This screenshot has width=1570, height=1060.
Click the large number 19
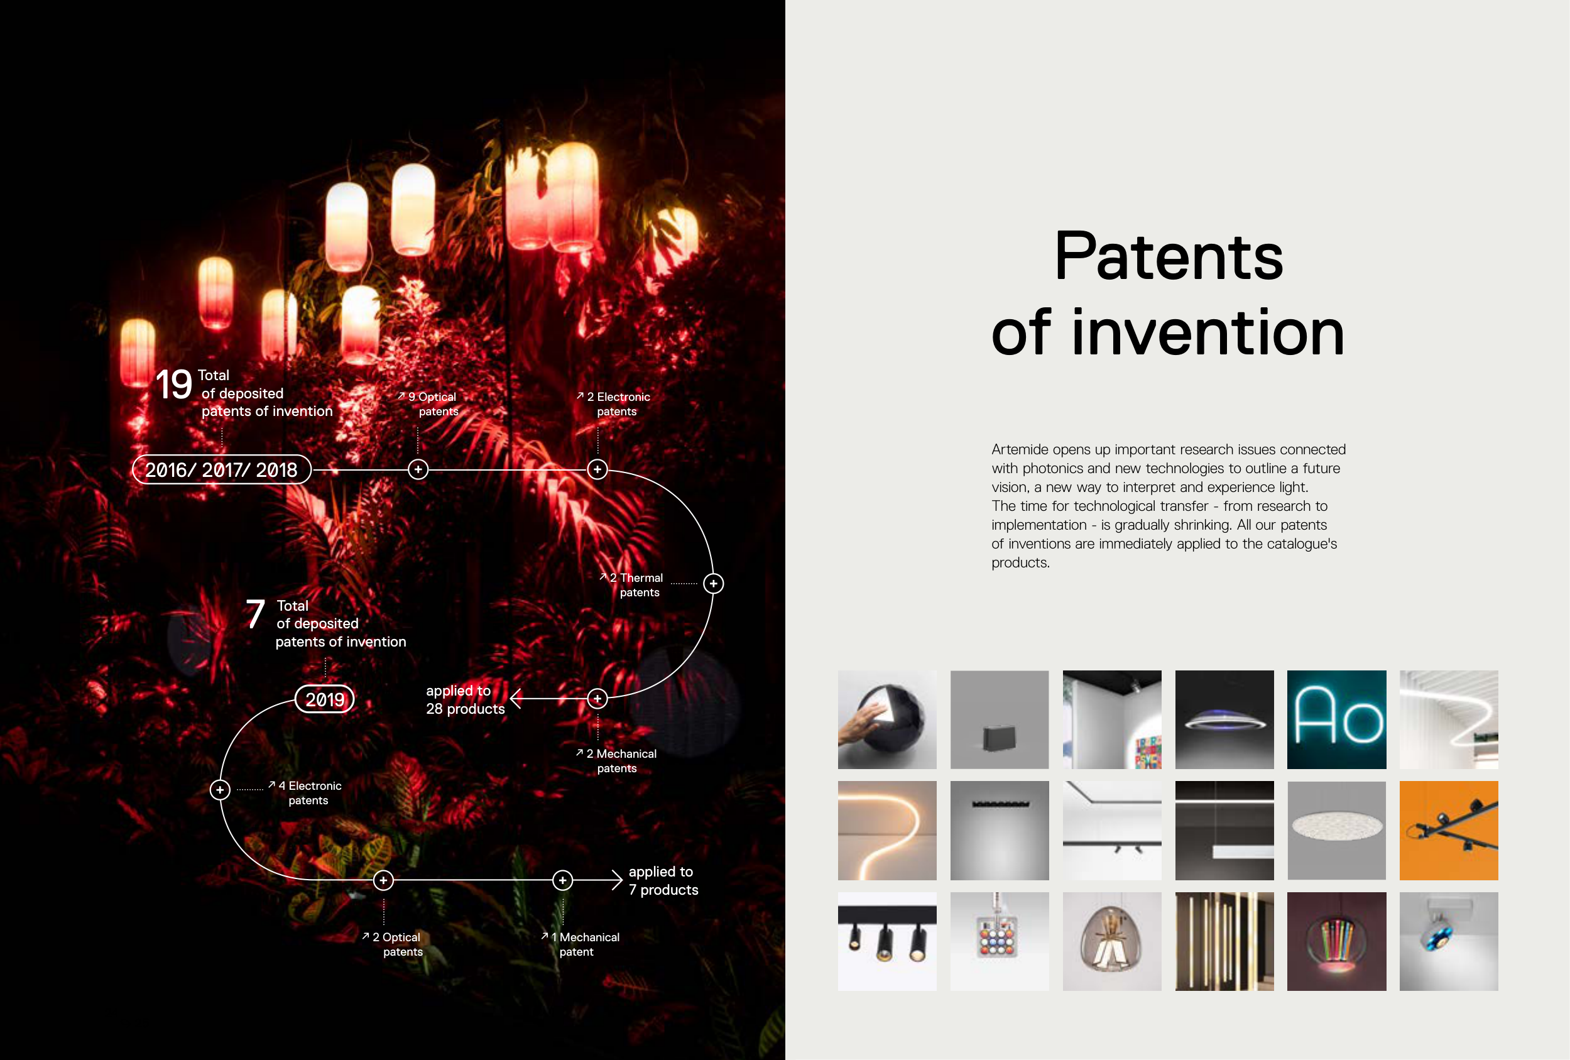[174, 385]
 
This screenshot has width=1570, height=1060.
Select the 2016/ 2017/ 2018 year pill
[222, 469]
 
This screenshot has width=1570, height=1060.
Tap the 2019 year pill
[325, 699]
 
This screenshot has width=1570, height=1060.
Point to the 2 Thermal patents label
[631, 585]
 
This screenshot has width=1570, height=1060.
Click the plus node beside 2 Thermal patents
[714, 584]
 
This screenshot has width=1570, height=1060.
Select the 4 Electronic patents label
[305, 793]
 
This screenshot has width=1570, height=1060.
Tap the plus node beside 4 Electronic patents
[221, 790]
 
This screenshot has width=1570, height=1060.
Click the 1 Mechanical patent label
[581, 944]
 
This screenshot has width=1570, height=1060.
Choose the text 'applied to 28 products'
[466, 700]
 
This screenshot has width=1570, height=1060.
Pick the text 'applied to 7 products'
[663, 881]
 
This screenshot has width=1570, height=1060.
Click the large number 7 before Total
[255, 614]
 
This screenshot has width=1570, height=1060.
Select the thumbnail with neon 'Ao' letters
[1336, 719]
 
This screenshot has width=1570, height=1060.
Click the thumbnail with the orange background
[1448, 830]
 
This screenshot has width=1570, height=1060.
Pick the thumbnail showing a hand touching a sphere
[887, 719]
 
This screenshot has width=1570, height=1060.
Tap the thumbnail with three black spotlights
[887, 941]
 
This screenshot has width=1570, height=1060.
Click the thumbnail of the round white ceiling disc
[1336, 830]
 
